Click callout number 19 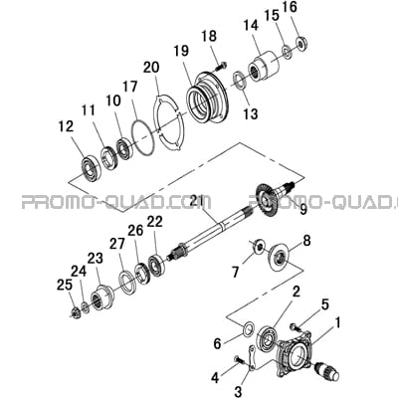182,51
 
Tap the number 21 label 201,201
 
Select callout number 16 291,7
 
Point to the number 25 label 65,285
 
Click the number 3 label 238,392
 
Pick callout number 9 303,210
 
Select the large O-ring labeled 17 143,138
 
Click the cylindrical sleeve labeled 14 265,67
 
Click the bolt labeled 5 297,327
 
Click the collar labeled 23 101,297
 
